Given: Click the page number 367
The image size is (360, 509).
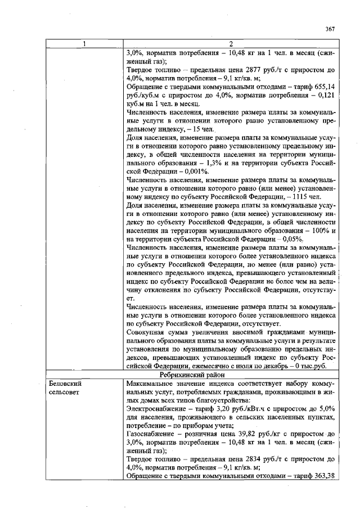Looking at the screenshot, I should (x=330, y=29).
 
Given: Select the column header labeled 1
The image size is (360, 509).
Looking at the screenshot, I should (x=84, y=44).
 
